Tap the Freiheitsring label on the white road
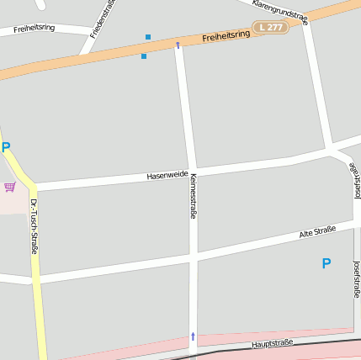(x=35, y=28)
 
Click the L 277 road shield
(x=271, y=28)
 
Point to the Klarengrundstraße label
(x=280, y=12)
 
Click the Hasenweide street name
(x=167, y=175)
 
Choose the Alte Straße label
(x=317, y=231)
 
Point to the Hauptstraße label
(x=272, y=344)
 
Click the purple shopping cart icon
(x=9, y=186)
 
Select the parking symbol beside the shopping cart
(x=6, y=148)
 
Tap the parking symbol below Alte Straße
(x=326, y=263)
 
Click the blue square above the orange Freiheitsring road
(x=148, y=37)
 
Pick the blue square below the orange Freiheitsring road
(x=144, y=56)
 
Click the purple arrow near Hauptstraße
(x=193, y=336)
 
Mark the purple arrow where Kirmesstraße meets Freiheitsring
(x=178, y=45)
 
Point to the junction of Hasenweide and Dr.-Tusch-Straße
(x=31, y=187)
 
